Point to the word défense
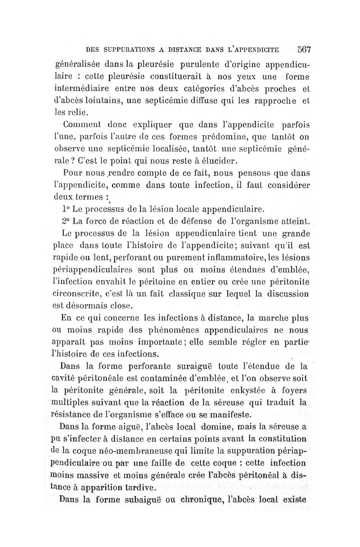198,221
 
